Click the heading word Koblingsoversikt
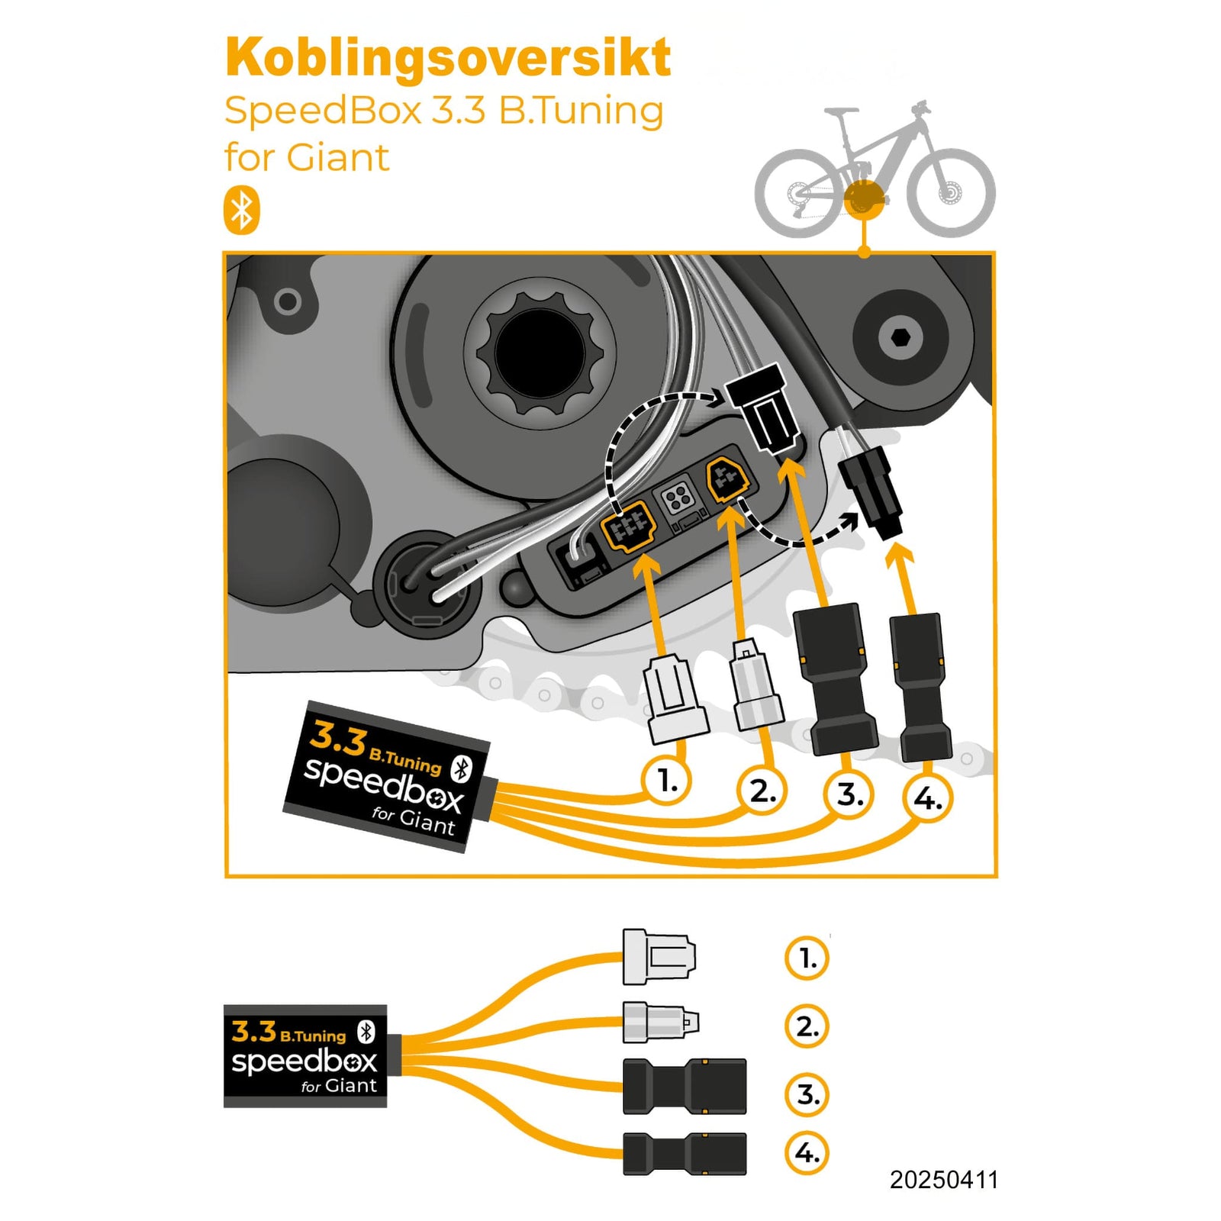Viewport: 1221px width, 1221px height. (448, 58)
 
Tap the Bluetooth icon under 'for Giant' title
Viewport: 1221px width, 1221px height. (242, 210)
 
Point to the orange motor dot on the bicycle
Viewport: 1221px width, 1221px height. (864, 198)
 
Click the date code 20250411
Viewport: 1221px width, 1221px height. (943, 1180)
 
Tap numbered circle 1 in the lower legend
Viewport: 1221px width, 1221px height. (807, 958)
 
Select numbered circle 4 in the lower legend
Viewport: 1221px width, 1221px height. (807, 1152)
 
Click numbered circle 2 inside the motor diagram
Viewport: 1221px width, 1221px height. (762, 790)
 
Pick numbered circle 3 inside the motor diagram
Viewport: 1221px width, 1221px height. (849, 794)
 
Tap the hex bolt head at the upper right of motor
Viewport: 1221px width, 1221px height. (900, 337)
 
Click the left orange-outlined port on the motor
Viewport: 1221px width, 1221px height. (629, 526)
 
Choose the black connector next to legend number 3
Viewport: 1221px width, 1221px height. (685, 1086)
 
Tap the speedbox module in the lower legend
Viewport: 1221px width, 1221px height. (305, 1055)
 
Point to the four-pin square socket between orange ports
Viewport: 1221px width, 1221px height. (678, 500)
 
